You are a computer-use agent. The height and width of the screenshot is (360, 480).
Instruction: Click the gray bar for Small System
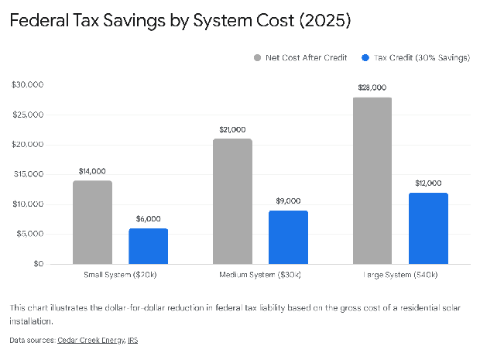tap(92, 223)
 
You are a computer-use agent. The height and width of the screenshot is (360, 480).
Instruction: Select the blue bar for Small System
tap(148, 246)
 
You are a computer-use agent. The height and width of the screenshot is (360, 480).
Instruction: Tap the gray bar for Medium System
tap(232, 202)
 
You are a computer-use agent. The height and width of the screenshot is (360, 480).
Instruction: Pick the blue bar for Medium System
tap(288, 238)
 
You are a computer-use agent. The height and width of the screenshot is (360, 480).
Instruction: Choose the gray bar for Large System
tap(372, 181)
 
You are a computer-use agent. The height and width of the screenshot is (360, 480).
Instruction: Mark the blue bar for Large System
tap(428, 228)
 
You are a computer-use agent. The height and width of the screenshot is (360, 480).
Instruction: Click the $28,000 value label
tap(372, 88)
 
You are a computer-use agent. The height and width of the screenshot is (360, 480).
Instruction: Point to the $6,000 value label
tap(148, 219)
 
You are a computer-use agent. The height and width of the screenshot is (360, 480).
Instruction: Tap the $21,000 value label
tap(232, 129)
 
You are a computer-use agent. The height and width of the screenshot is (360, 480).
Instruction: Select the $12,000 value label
tap(428, 183)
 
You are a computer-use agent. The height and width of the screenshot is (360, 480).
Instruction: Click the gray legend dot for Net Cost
tap(257, 57)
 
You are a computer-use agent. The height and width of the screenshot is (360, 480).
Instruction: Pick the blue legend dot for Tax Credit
tap(365, 57)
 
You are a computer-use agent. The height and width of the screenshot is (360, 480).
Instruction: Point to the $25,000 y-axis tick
tap(27, 115)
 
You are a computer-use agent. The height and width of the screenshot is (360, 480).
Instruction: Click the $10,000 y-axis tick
tap(27, 204)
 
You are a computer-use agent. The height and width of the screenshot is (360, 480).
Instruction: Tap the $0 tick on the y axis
tap(37, 264)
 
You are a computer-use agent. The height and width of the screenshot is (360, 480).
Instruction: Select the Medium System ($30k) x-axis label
tap(260, 275)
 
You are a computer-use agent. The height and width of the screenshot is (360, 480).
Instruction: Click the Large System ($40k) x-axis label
tap(400, 275)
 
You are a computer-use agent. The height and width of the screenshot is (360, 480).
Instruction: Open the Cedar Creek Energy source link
tap(91, 340)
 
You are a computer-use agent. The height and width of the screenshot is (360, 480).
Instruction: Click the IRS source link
tap(132, 340)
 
